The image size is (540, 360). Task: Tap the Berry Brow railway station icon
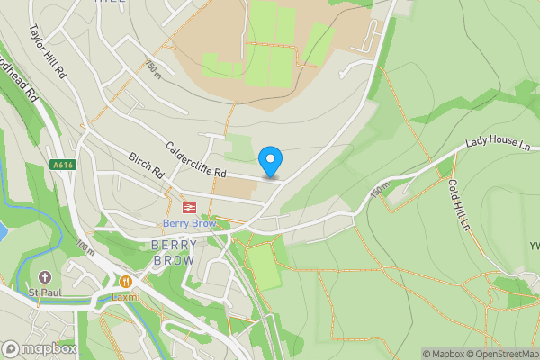coord(189,208)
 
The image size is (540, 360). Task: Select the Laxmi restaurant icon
coord(126,282)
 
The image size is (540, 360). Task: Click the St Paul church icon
coord(45,275)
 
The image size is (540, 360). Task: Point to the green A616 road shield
coord(62,166)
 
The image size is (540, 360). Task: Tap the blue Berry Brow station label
coord(190,223)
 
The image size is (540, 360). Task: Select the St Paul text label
coord(43,292)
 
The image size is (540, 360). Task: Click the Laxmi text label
coord(126,296)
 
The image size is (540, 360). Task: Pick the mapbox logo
coord(40,348)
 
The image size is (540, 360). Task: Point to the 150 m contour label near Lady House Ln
coord(375,192)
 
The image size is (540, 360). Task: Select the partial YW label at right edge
coord(533,245)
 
